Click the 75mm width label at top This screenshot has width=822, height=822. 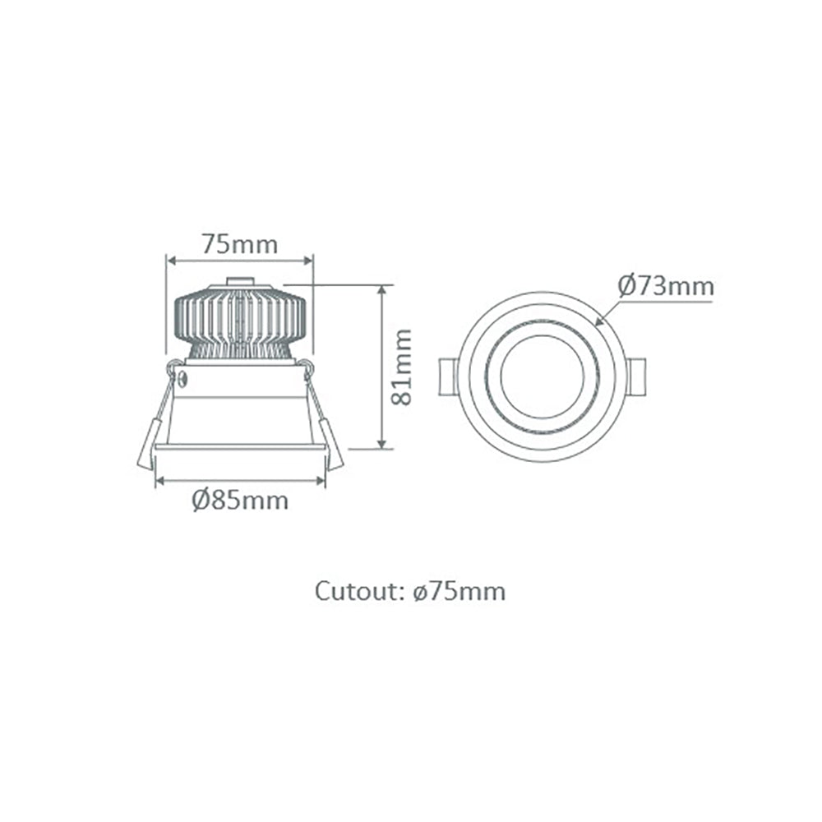click(x=240, y=244)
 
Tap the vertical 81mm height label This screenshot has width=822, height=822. click(x=401, y=367)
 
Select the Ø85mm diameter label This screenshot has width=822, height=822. click(x=241, y=500)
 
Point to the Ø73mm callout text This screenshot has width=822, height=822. click(x=666, y=287)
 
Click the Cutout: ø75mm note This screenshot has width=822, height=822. click(x=410, y=591)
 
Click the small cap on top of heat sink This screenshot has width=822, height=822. click(x=239, y=281)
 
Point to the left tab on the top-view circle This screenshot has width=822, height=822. click(x=449, y=376)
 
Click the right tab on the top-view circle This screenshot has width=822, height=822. click(x=636, y=376)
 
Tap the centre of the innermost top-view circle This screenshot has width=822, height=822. click(x=543, y=376)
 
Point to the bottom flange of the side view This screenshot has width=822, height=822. click(x=240, y=447)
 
